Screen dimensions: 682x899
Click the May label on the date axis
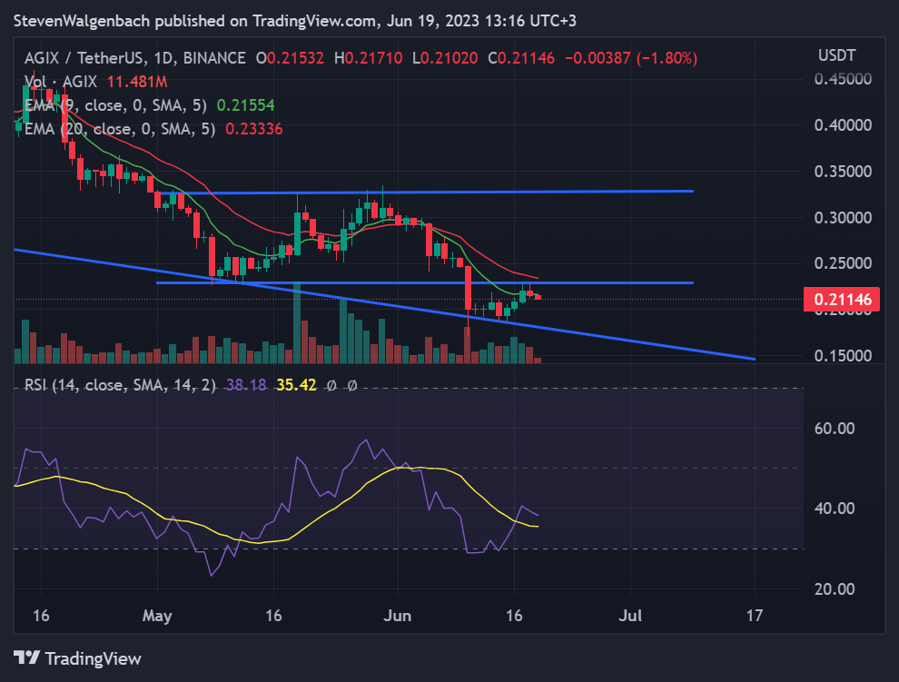(x=157, y=616)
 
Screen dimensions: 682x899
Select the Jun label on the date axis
(x=398, y=616)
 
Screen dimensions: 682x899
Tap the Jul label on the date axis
(x=630, y=616)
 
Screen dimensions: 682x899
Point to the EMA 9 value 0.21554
(x=245, y=105)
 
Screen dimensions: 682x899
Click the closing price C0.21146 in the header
(x=522, y=58)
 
